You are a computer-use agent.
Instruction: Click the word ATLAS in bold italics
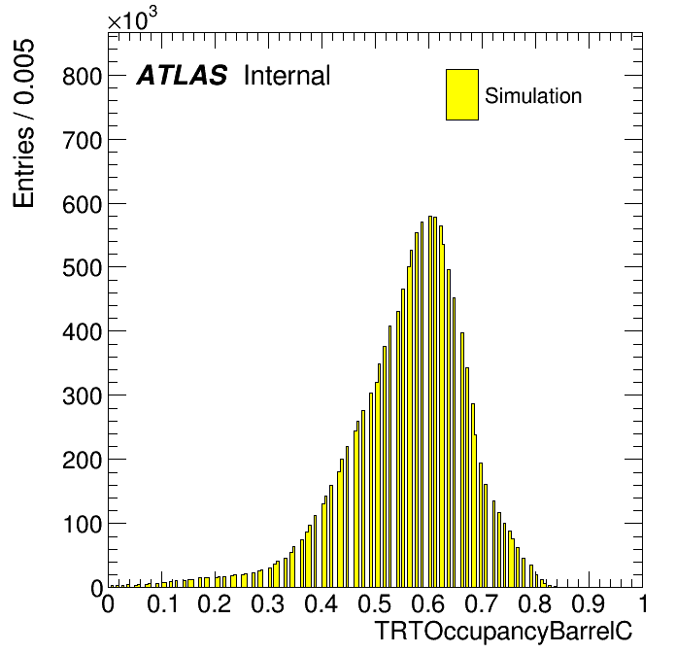pos(182,75)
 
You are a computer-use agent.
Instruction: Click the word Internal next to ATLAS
pos(287,75)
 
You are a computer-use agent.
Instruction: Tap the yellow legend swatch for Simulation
pos(462,94)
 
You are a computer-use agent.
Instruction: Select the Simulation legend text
pos(533,95)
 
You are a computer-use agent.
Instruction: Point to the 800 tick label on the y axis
pos(82,77)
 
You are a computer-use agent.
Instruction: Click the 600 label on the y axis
pos(82,204)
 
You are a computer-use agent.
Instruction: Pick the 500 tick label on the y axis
pos(82,268)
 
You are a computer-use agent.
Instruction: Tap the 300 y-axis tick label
pos(82,395)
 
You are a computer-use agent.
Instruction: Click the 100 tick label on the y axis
pos(82,524)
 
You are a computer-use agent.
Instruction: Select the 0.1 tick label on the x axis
pos(162,603)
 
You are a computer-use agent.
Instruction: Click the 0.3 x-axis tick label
pos(268,603)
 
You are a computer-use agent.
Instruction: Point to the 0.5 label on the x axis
pos(375,603)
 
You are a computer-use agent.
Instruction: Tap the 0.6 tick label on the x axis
pos(428,603)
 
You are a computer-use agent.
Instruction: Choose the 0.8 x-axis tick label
pos(535,603)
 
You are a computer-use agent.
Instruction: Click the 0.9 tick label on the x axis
pos(589,603)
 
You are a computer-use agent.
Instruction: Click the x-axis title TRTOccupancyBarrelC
pos(503,632)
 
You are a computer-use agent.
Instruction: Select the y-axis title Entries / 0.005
pos(23,123)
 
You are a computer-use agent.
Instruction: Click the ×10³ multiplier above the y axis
pos(132,19)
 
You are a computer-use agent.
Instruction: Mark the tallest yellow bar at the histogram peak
pos(430,401)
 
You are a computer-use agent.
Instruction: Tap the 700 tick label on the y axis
pos(82,141)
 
